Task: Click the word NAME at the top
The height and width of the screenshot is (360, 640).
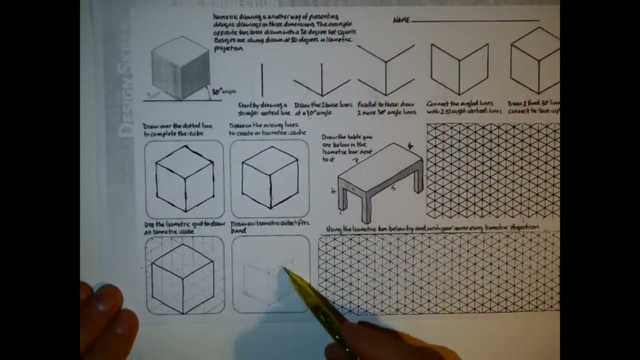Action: [x=401, y=20]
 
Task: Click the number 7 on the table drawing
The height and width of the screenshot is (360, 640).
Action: [x=355, y=161]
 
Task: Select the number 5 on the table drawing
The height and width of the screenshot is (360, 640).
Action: [x=393, y=188]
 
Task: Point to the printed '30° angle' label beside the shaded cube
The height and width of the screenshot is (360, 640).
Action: [x=222, y=91]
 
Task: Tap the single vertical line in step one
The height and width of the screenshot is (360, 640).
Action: [x=262, y=80]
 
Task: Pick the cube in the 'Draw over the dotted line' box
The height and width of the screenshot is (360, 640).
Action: [x=184, y=178]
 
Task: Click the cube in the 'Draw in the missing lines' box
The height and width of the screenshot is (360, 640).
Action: [x=270, y=177]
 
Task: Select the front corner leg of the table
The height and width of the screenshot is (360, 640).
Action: [x=366, y=207]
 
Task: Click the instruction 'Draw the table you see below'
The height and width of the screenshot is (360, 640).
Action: [x=347, y=147]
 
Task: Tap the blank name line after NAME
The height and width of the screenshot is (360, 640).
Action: [x=475, y=21]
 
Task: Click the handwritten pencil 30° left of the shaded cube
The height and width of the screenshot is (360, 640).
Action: [x=152, y=95]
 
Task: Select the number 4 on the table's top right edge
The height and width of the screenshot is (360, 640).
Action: [x=410, y=146]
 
